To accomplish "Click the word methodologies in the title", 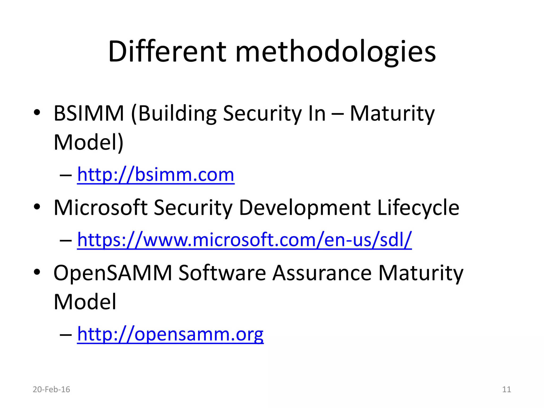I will click(x=335, y=52).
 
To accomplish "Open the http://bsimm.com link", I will click(x=156, y=175).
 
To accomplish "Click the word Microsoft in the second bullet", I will click(x=100, y=207).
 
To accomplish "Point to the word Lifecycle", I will click(x=418, y=208).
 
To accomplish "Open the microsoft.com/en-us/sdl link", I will click(x=244, y=240).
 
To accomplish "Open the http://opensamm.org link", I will click(x=170, y=334).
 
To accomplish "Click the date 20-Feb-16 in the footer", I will click(x=51, y=389).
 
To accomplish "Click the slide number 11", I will click(x=507, y=389).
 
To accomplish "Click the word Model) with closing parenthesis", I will click(x=88, y=143).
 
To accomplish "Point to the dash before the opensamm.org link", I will click(x=66, y=334).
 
